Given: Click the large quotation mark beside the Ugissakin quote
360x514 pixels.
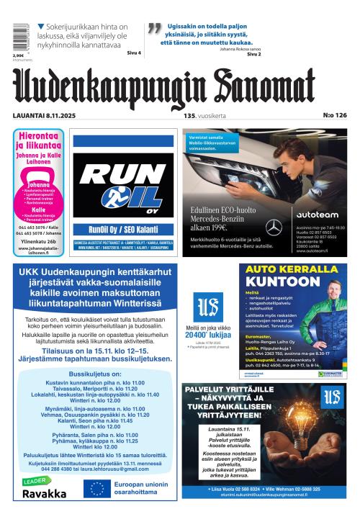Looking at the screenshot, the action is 153,30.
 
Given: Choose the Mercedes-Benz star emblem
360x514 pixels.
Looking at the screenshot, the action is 274,227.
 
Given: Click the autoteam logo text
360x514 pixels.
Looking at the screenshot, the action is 317,215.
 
